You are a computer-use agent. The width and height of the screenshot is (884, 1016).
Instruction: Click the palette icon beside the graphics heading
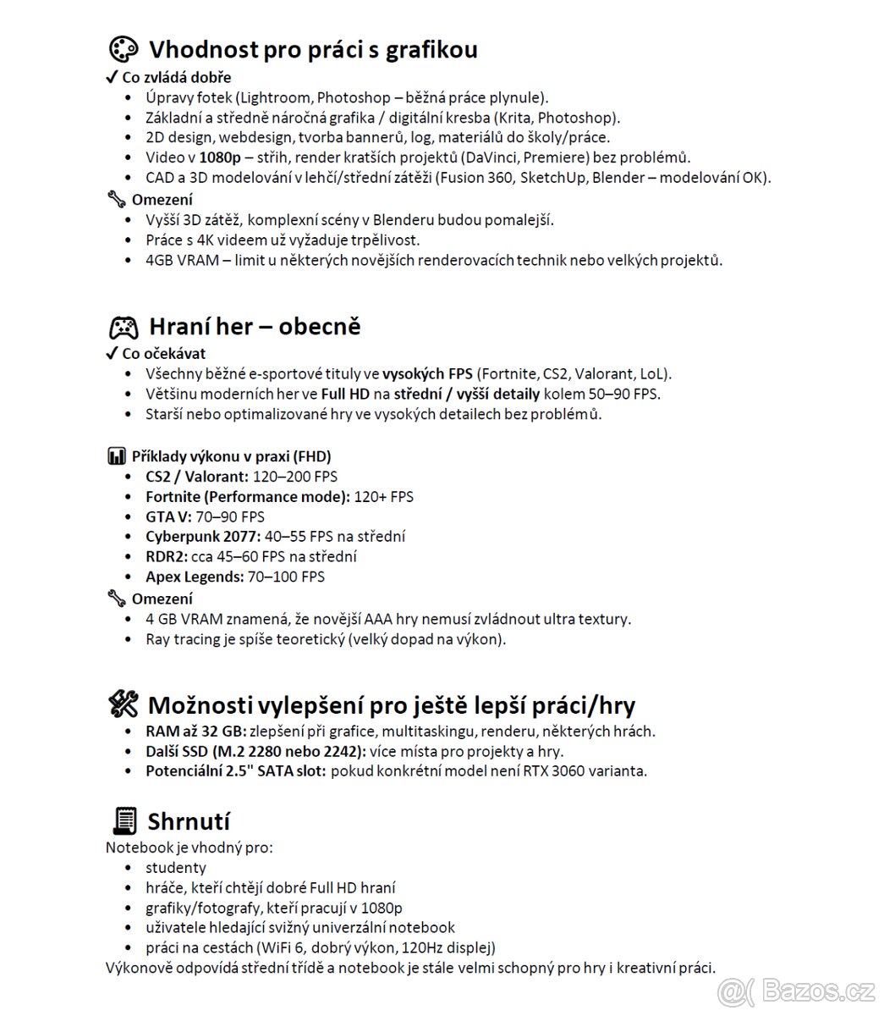pos(124,50)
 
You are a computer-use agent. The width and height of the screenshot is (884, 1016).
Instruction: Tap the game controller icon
pos(124,327)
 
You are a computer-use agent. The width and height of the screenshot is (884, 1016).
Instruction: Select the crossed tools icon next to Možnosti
pos(124,704)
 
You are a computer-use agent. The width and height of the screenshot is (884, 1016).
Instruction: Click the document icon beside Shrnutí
pos(124,821)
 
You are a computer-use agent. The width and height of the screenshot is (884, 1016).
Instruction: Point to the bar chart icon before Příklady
pos(116,456)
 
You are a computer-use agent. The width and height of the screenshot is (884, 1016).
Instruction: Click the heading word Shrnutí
pos(189,821)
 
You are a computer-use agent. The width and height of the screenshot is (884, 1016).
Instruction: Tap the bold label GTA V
pos(168,516)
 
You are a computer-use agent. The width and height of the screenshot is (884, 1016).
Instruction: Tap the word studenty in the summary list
pos(176,868)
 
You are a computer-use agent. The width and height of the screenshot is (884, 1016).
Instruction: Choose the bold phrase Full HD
pos(345,395)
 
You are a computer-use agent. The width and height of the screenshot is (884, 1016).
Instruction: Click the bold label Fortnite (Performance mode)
pos(247,497)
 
